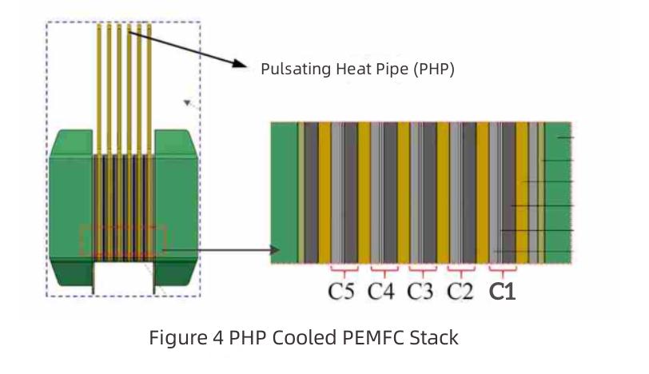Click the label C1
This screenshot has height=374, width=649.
tap(502, 292)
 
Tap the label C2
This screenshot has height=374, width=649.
tap(460, 292)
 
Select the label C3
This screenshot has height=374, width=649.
tap(420, 292)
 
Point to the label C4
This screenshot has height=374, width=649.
tap(381, 292)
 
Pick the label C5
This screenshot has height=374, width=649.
tap(341, 292)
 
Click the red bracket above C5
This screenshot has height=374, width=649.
tap(343, 268)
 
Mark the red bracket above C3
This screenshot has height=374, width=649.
tap(421, 268)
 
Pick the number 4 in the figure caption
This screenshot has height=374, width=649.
tap(217, 338)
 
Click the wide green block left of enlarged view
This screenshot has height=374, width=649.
tap(285, 192)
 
